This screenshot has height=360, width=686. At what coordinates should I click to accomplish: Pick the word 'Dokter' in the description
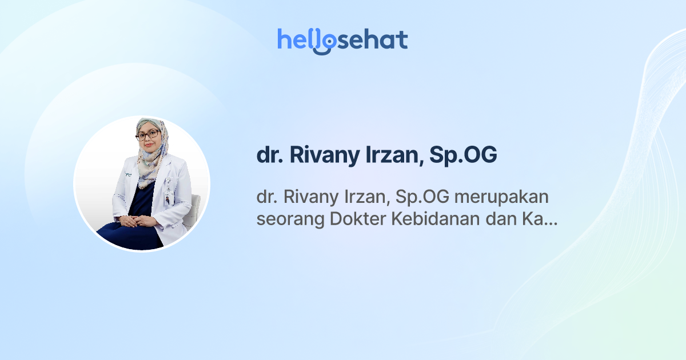[357, 219]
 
